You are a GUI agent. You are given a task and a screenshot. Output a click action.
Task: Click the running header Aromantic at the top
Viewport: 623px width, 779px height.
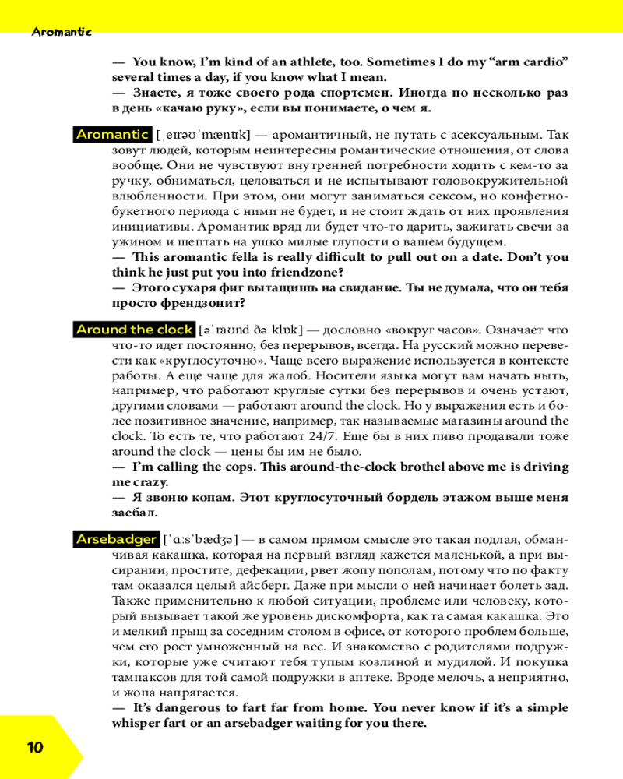[62, 32]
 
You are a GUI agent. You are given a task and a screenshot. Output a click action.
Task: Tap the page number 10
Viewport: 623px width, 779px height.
[35, 748]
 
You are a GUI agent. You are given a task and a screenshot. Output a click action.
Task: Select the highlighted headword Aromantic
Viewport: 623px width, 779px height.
[112, 135]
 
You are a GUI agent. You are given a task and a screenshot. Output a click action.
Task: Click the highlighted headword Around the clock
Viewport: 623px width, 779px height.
[134, 330]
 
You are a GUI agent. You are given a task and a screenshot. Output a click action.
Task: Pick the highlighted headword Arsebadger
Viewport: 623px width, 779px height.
[117, 539]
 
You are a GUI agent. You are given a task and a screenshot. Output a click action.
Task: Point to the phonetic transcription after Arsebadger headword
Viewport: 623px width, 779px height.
[201, 539]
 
